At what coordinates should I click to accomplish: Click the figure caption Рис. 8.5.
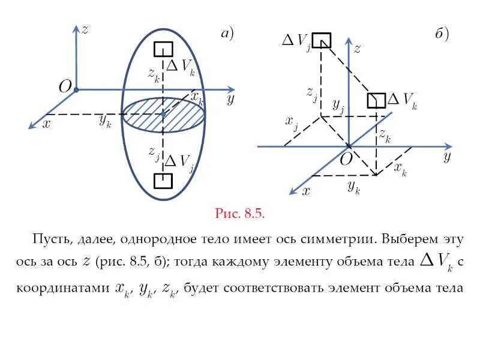[x=240, y=213]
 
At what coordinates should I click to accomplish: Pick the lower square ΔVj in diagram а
[x=163, y=181]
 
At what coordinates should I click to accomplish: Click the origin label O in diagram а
[x=65, y=87]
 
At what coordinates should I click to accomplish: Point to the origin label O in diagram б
[x=347, y=160]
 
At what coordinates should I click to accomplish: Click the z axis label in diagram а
[x=85, y=29]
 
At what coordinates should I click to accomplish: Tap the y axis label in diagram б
[x=446, y=157]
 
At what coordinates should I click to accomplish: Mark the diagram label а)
[x=226, y=34]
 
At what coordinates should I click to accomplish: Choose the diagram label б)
[x=442, y=34]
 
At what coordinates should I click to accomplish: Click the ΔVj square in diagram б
[x=322, y=40]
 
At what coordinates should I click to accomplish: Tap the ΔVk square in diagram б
[x=377, y=100]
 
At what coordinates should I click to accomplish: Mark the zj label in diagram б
[x=311, y=93]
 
